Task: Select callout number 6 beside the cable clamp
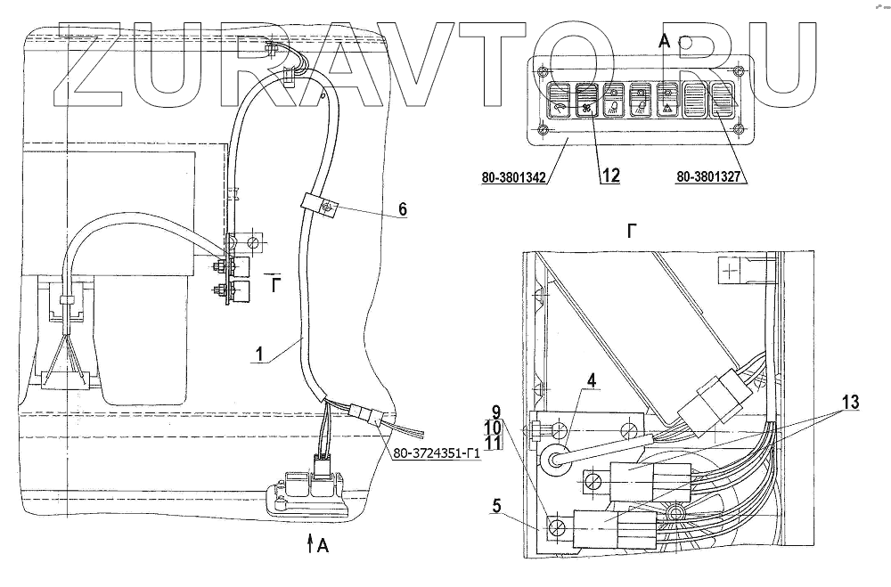[x=402, y=209]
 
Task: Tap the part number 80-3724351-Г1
[x=435, y=451]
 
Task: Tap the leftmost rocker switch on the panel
[x=561, y=103]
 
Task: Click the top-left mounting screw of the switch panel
[x=541, y=69]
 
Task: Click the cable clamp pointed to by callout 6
[x=323, y=207]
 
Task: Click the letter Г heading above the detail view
[x=631, y=230]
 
